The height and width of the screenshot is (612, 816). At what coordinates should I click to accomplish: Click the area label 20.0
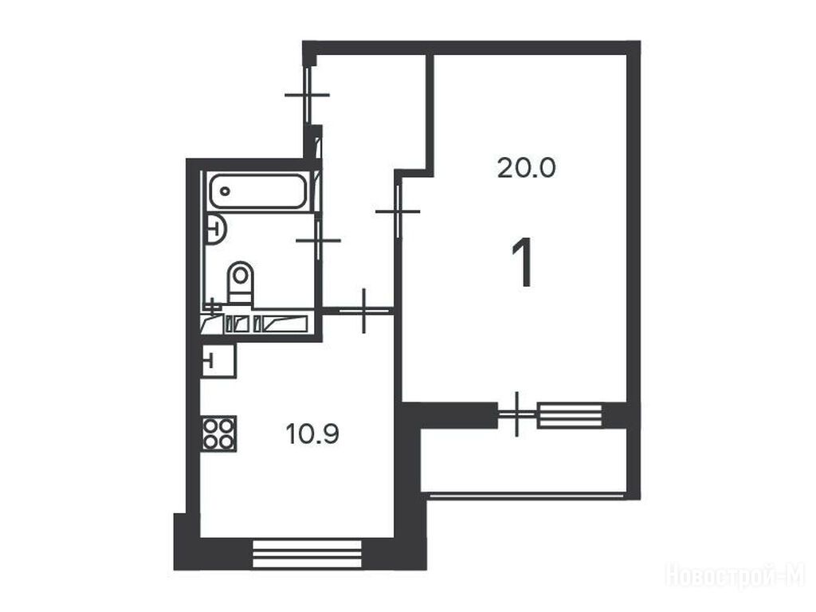(x=526, y=168)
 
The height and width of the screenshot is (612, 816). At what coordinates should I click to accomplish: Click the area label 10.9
(x=312, y=433)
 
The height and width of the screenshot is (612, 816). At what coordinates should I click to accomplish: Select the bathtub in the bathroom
(x=257, y=191)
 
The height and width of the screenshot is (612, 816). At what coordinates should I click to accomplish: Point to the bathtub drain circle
(x=225, y=191)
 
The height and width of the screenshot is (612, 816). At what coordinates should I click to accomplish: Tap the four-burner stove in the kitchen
(x=219, y=433)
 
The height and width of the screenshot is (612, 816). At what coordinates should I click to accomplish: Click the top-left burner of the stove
(x=210, y=426)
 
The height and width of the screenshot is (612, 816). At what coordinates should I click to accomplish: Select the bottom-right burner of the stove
(x=227, y=441)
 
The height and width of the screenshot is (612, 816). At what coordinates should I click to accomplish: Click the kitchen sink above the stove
(x=218, y=360)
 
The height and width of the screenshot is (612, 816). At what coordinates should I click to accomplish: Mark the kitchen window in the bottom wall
(x=307, y=554)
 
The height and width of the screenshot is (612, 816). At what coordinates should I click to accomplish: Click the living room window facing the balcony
(x=569, y=415)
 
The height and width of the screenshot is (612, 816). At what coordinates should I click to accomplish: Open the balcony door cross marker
(x=516, y=414)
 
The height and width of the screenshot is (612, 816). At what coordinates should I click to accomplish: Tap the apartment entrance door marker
(x=307, y=96)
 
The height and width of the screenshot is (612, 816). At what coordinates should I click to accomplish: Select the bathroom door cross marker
(x=318, y=241)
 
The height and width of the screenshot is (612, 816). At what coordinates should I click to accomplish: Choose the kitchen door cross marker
(x=363, y=312)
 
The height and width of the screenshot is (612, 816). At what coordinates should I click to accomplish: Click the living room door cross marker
(x=398, y=211)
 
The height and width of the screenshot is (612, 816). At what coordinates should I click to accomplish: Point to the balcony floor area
(x=524, y=460)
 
